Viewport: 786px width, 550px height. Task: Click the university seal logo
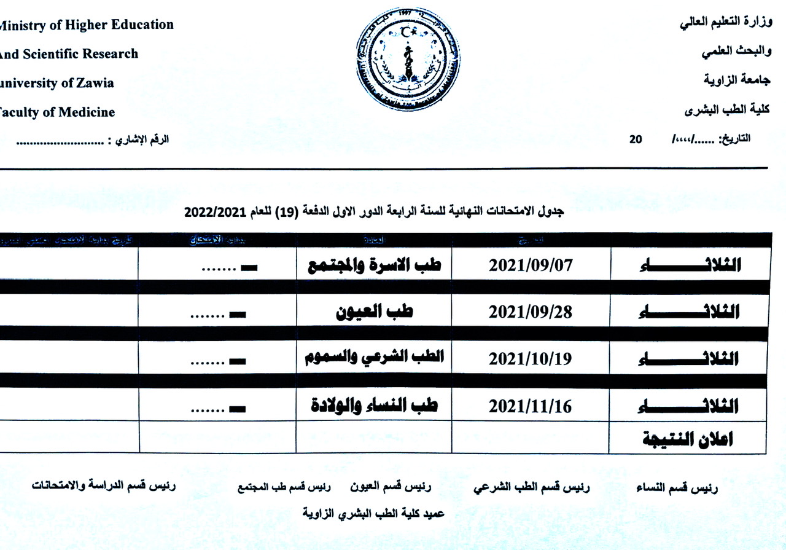coord(407,59)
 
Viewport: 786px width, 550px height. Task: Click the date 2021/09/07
coord(530,265)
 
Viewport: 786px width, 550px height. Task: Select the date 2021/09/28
coord(530,312)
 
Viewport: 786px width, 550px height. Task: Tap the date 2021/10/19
coord(530,359)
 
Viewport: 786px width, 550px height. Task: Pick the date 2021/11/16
coord(530,406)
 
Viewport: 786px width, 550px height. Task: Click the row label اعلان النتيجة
coord(687,439)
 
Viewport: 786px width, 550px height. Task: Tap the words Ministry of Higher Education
coord(86,25)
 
